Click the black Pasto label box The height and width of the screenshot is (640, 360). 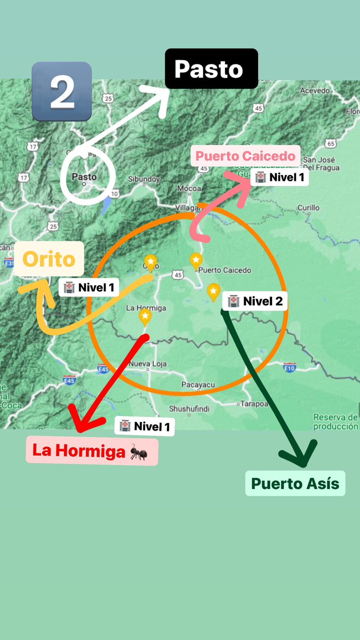[x=211, y=69]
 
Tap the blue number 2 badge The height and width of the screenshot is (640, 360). [x=62, y=91]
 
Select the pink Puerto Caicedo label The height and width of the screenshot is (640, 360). [x=245, y=156]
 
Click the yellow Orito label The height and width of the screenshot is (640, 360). [x=49, y=259]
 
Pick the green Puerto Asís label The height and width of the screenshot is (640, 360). [x=295, y=483]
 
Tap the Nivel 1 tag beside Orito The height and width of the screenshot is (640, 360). [x=89, y=287]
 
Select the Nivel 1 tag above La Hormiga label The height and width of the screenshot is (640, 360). [x=145, y=426]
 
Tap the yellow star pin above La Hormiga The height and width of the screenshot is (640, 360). [x=145, y=317]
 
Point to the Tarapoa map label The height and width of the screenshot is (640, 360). [x=253, y=403]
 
